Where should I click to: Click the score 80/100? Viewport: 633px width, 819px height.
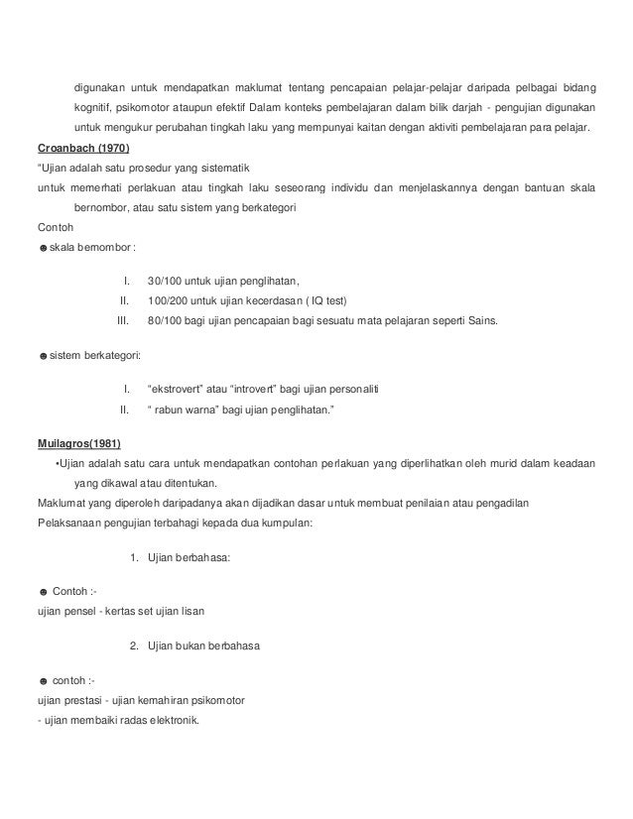(164, 321)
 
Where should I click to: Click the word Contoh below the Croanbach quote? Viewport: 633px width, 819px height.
(54, 226)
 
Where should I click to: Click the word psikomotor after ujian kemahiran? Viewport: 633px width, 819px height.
(225, 700)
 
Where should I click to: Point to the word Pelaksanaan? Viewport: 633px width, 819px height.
(70, 522)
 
